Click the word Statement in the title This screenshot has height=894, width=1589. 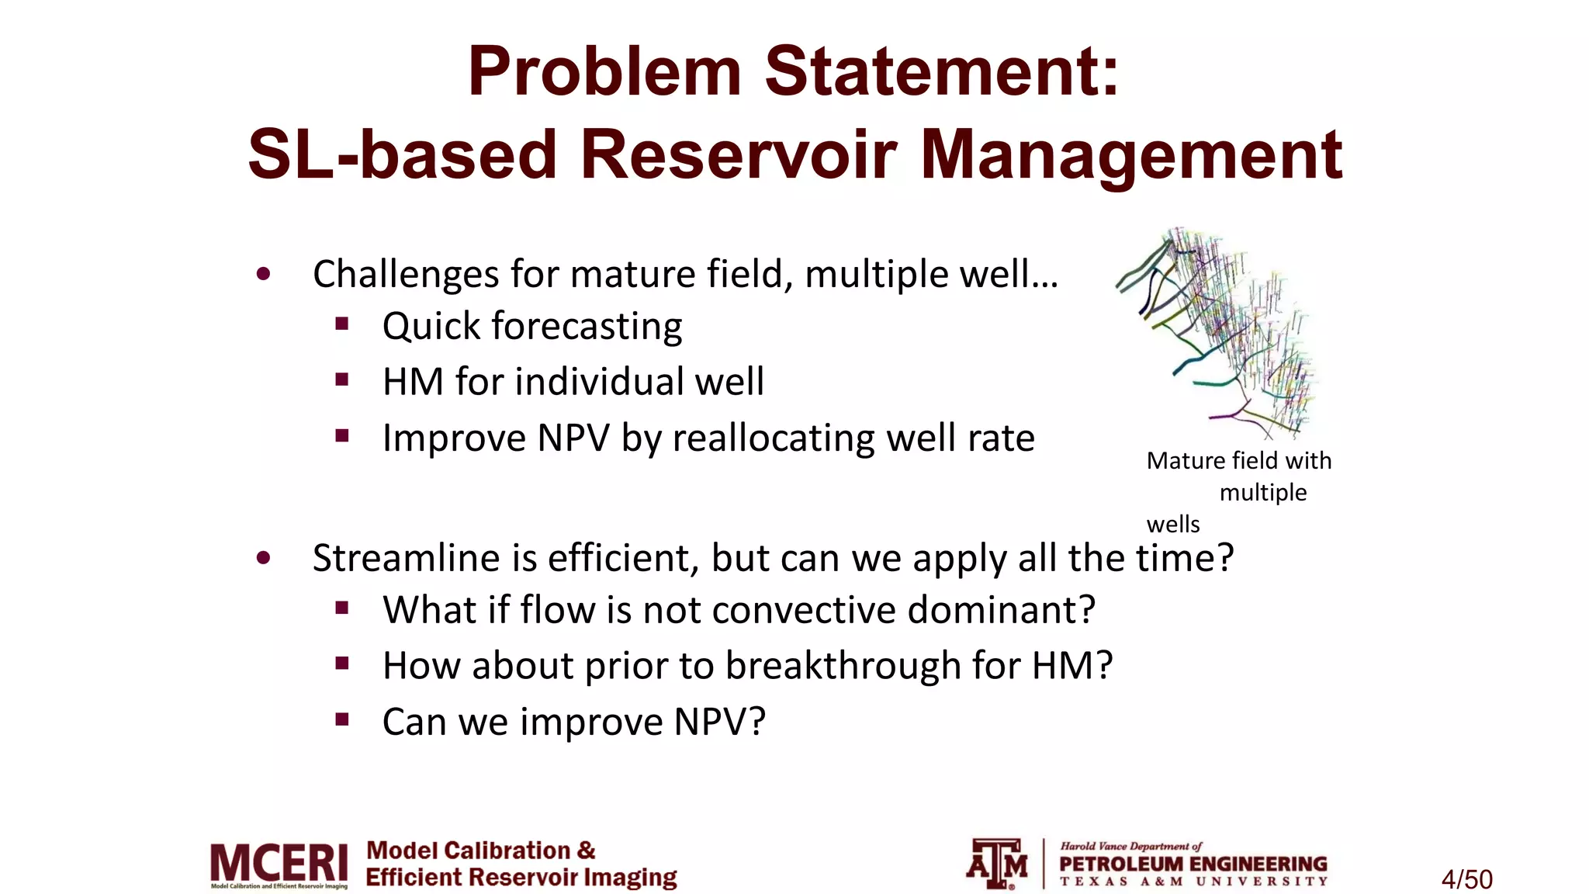(943, 71)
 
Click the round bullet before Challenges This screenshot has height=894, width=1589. (264, 274)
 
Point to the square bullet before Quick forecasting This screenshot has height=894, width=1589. (342, 324)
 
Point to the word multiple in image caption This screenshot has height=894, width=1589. (1262, 493)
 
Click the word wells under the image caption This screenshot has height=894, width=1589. (1172, 525)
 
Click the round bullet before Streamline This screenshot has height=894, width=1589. (264, 558)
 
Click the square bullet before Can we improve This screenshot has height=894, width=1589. (342, 719)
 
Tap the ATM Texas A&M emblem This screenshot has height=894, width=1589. (997, 863)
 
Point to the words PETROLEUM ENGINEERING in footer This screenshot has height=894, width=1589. (1193, 864)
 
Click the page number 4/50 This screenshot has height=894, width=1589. (1466, 879)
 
